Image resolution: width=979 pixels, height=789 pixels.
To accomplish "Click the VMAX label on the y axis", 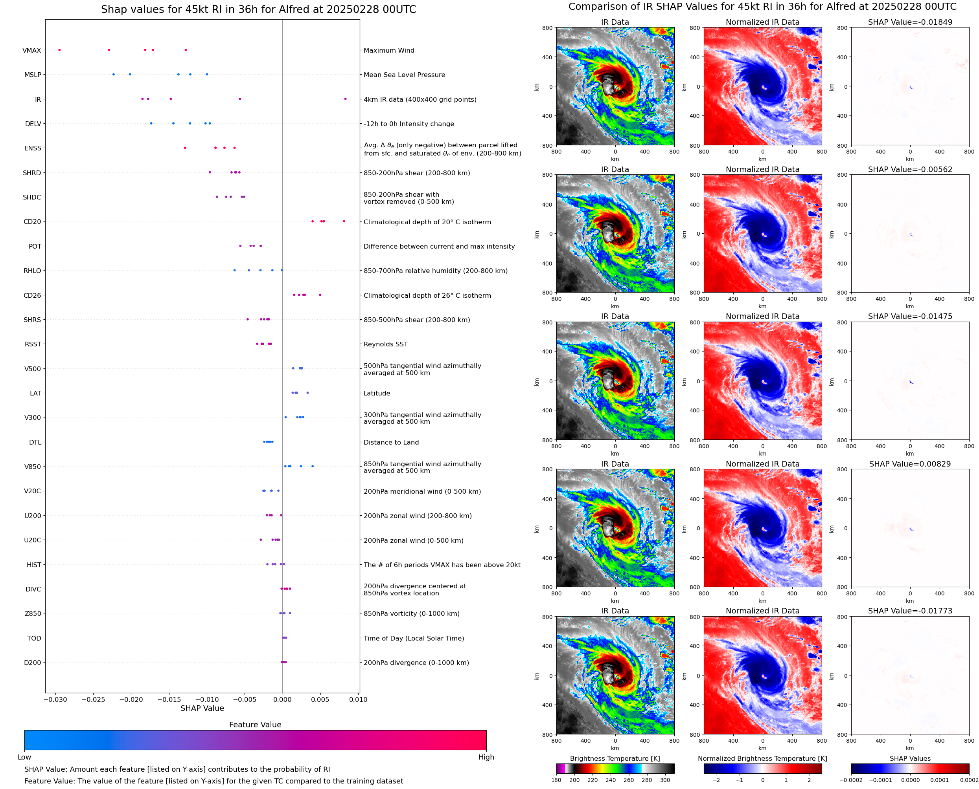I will tap(31, 50).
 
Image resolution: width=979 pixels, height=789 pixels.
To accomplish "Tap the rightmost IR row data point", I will tap(345, 99).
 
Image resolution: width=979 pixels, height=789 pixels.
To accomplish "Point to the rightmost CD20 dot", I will tap(344, 222).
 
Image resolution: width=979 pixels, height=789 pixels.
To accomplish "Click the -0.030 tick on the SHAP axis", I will tap(55, 699).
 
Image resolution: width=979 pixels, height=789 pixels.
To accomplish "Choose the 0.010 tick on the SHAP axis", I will tap(358, 699).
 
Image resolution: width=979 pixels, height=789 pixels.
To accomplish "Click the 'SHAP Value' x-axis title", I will tap(202, 708).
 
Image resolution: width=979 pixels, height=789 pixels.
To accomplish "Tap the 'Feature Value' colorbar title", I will tap(255, 725).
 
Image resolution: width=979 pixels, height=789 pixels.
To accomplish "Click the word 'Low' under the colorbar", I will tap(24, 757).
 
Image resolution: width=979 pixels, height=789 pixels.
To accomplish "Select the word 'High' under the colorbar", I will tap(486, 757).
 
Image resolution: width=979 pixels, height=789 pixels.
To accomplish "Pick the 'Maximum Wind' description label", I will tap(389, 50).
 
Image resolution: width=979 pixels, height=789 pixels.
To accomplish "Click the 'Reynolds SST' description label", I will tap(385, 344).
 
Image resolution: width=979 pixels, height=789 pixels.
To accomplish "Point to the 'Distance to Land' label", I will tap(391, 442).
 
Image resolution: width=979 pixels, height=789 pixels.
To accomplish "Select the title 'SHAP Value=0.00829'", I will tap(910, 464).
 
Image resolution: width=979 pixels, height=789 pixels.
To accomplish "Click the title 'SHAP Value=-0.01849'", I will tap(910, 22).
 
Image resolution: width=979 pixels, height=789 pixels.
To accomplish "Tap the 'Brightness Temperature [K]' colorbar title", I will tap(615, 758).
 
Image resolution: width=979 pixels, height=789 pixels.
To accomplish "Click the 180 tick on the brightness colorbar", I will tap(556, 780).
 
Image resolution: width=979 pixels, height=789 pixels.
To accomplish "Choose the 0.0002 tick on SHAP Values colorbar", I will tap(968, 780).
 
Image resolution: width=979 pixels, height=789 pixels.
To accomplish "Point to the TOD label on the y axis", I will tap(34, 638).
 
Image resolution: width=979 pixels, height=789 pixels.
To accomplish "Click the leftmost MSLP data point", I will tap(114, 75).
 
